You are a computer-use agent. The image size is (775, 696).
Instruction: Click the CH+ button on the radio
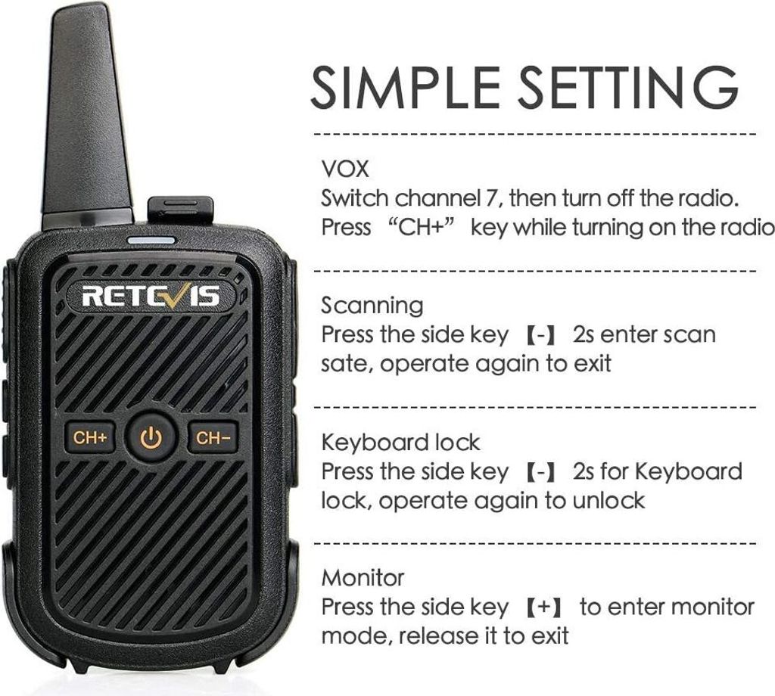[90, 437]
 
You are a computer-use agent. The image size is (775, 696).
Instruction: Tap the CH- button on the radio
[213, 437]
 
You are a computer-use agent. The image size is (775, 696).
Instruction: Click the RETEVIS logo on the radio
[151, 296]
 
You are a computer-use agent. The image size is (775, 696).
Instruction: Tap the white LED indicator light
[151, 241]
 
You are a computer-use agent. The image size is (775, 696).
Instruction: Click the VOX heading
[345, 169]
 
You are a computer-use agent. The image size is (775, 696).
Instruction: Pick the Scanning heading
[372, 306]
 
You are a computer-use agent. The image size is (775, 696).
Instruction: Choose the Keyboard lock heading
[401, 442]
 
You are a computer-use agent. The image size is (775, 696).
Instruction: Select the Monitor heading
[363, 577]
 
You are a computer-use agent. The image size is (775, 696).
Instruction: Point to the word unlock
[609, 501]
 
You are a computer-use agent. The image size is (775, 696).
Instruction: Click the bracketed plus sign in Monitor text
[544, 607]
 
